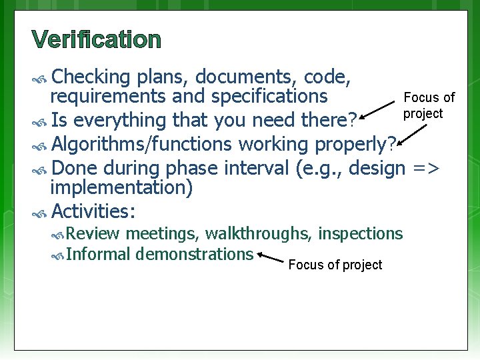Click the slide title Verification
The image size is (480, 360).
click(x=96, y=40)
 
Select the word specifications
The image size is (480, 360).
click(x=269, y=97)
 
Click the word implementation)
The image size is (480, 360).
click(x=122, y=189)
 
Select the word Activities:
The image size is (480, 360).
click(x=93, y=212)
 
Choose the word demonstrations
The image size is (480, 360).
click(x=194, y=254)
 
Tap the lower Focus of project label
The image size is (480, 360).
click(x=335, y=265)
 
